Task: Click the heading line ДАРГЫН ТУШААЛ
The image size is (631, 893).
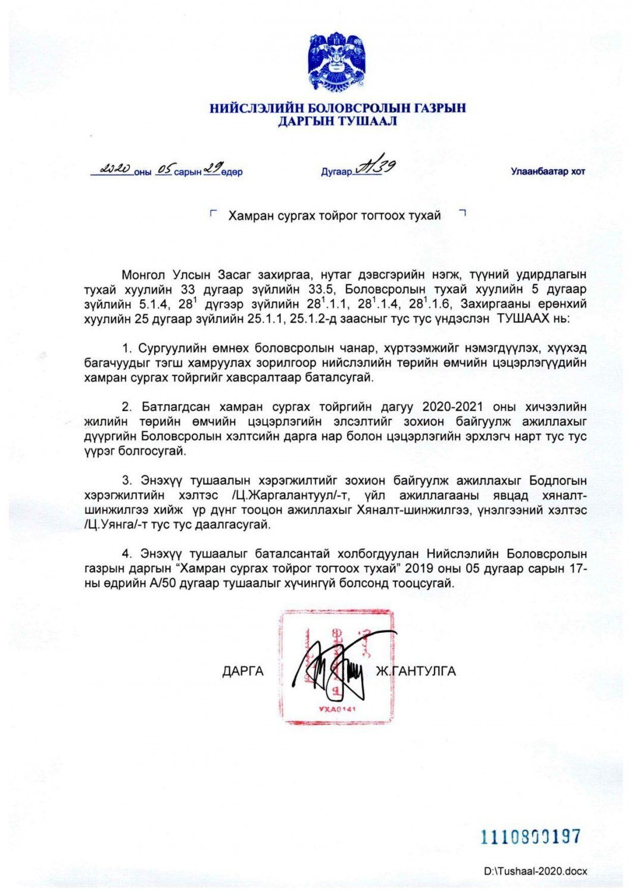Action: pyautogui.click(x=337, y=121)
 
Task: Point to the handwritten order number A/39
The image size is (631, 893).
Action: pyautogui.click(x=376, y=167)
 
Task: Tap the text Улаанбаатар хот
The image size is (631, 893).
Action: pyautogui.click(x=548, y=171)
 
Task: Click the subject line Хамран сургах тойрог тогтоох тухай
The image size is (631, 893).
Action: pyautogui.click(x=335, y=216)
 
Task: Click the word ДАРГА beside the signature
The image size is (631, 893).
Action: pyautogui.click(x=243, y=672)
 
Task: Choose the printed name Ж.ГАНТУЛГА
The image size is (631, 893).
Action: pyautogui.click(x=416, y=672)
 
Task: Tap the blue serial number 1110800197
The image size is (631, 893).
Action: pyautogui.click(x=530, y=836)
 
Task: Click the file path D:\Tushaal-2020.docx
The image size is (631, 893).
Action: pyautogui.click(x=535, y=871)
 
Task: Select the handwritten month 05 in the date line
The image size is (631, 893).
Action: pyautogui.click(x=164, y=170)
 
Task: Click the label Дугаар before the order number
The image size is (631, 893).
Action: pyautogui.click(x=336, y=172)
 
